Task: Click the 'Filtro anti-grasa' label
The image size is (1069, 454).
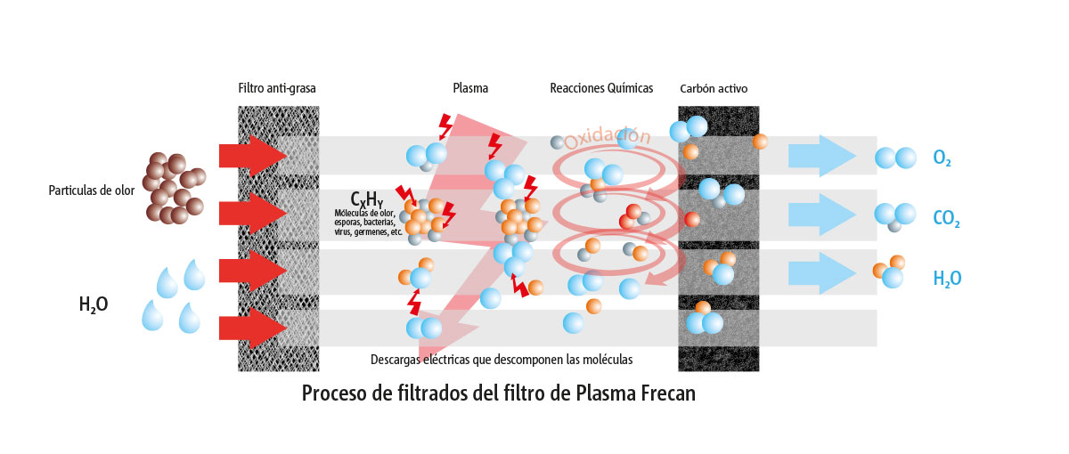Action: [277, 88]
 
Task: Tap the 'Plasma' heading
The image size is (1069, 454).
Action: [470, 88]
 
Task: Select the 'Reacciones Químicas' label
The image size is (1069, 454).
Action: [601, 88]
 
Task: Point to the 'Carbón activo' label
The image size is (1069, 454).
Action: [714, 88]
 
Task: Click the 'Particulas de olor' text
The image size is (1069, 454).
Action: [92, 191]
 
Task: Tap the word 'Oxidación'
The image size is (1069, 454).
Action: [607, 138]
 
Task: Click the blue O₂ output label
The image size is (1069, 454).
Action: [943, 158]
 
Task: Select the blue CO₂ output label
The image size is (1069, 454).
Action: [946, 218]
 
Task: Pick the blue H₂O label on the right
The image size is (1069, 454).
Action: [947, 279]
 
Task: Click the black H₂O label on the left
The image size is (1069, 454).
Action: [94, 304]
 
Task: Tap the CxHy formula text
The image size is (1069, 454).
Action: [366, 199]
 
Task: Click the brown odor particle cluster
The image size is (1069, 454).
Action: [175, 189]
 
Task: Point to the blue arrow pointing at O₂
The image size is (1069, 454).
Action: [821, 156]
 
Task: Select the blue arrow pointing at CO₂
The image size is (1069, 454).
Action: [821, 215]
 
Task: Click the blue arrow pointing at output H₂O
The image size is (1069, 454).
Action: [821, 273]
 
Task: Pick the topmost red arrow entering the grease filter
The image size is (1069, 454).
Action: [253, 156]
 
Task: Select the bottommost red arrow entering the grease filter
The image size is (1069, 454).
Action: [253, 328]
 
